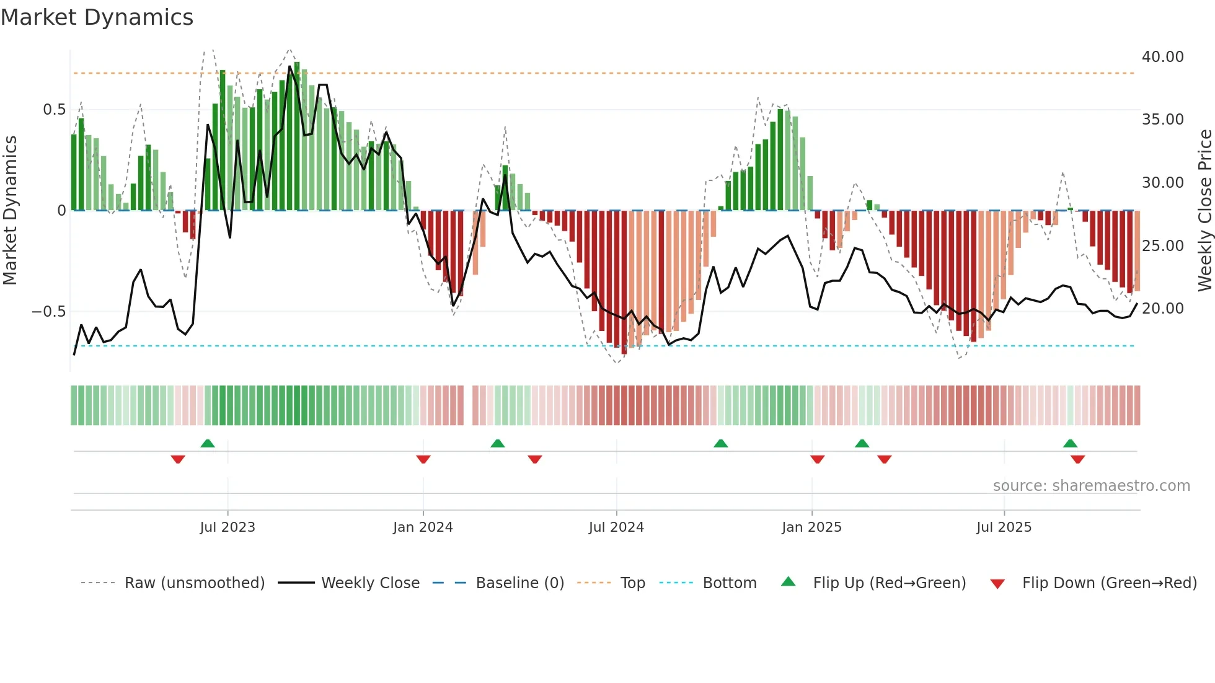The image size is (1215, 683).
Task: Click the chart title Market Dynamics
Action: (97, 17)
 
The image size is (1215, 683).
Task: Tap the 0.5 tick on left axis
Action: (54, 110)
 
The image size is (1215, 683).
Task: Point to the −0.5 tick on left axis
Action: (48, 311)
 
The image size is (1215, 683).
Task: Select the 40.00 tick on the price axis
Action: (1162, 57)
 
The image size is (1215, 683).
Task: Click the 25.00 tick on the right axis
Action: (1162, 246)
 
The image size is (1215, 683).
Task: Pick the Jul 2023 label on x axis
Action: (228, 527)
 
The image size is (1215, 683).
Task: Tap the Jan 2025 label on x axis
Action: (811, 527)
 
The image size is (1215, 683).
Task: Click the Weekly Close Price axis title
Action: (1204, 211)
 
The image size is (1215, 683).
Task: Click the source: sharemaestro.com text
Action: (1091, 486)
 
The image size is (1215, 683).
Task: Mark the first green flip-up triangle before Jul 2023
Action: (208, 443)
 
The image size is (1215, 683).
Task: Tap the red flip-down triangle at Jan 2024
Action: (423, 459)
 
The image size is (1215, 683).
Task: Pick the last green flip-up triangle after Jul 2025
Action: (1070, 443)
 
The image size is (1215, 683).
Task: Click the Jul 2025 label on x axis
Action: (1004, 527)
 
